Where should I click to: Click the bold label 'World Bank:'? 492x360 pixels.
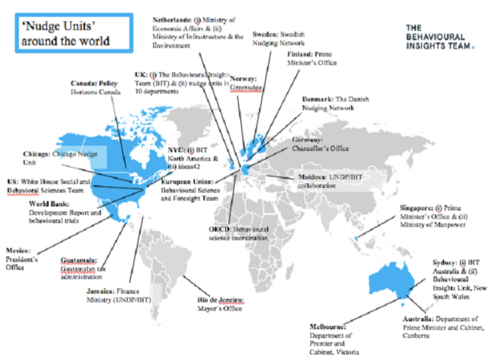pyautogui.click(x=49, y=204)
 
